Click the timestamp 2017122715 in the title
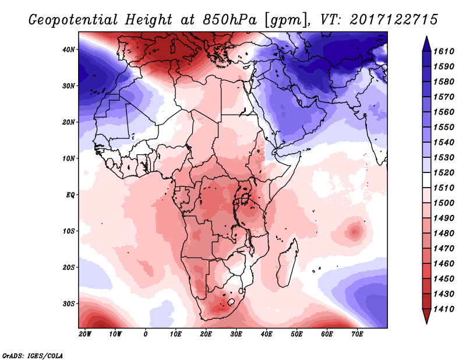[394, 19]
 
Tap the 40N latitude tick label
[69, 50]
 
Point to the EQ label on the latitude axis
[70, 195]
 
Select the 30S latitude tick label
[69, 303]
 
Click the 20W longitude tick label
[85, 334]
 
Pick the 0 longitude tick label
[146, 334]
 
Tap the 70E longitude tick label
[358, 334]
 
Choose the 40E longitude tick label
[267, 334]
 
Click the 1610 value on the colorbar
[444, 51]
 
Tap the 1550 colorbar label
[444, 127]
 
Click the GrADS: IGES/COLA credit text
[32, 354]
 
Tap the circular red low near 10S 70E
[354, 231]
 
